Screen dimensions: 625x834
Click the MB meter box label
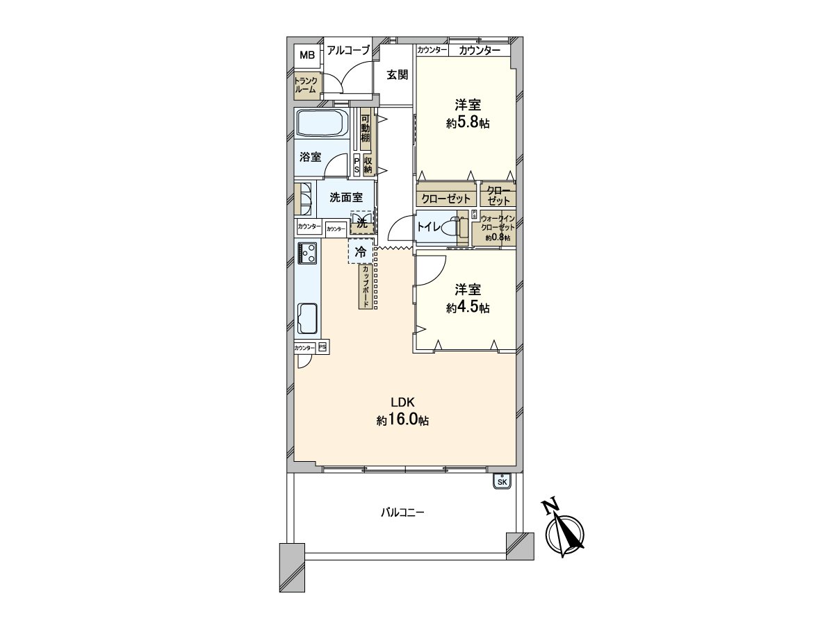(306, 54)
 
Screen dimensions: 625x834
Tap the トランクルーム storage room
(306, 85)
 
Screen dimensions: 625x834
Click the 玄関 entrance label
(397, 74)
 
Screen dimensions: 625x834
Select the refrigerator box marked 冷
(360, 253)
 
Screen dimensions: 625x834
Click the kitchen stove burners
(307, 253)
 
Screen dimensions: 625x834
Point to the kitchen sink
(307, 319)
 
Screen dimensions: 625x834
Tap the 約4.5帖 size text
(467, 308)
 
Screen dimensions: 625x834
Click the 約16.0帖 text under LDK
(402, 420)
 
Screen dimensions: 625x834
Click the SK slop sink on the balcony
(502, 481)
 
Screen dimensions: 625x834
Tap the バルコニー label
(402, 513)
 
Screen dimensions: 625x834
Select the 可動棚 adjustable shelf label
(365, 127)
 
